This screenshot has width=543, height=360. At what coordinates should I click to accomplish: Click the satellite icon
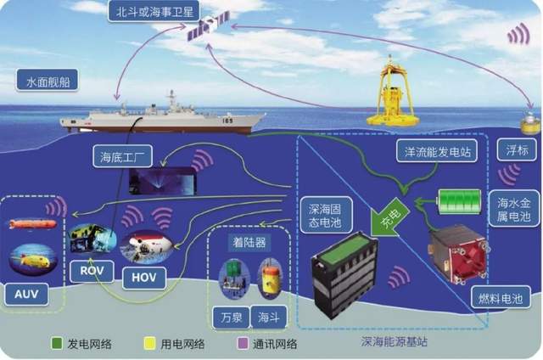coord(208,25)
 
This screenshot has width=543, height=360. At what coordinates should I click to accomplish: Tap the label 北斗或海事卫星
coord(154,12)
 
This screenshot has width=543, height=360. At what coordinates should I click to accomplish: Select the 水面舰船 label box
coord(48,81)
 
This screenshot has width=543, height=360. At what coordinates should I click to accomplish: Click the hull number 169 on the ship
coord(227,121)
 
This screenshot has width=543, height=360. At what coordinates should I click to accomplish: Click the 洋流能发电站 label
coord(437,151)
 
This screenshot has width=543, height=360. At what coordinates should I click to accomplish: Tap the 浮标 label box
coord(517,150)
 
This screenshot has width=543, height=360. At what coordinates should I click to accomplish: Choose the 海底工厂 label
coord(122,157)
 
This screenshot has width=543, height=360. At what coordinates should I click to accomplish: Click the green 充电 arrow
coord(389,217)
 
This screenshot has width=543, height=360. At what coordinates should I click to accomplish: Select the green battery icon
coord(460,201)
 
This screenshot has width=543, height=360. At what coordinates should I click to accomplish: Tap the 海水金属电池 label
coord(513,209)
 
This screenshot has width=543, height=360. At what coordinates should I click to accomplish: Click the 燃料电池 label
coord(501,297)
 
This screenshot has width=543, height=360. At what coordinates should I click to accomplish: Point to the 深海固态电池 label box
coord(326,215)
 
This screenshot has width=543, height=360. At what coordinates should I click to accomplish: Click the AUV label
coord(26,294)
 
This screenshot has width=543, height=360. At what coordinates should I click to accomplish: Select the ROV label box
coord(92,271)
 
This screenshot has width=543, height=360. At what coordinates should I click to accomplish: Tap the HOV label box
coord(144,278)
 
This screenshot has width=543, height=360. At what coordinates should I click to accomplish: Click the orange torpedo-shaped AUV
coord(32,224)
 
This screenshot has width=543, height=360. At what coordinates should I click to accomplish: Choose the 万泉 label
coord(232,317)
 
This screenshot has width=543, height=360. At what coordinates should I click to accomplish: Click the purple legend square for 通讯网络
coord(243,343)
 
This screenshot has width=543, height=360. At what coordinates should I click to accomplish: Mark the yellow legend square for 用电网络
coord(149,343)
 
